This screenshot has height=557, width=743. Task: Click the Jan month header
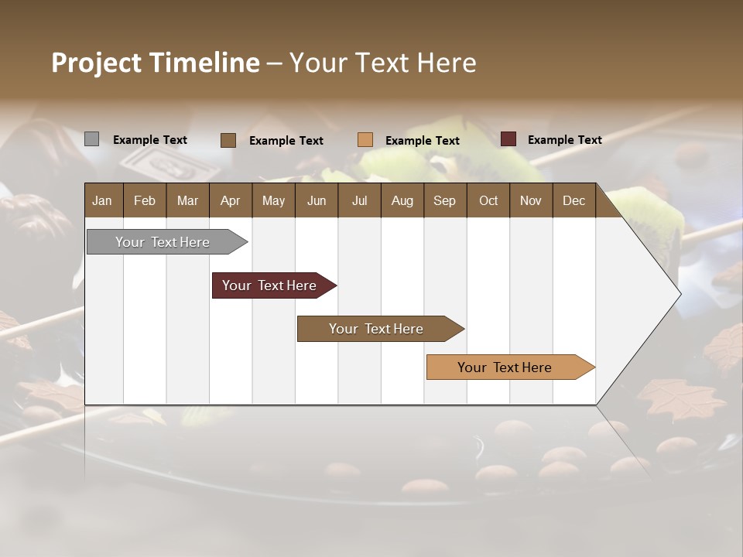(102, 200)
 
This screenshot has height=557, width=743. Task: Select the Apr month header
(230, 200)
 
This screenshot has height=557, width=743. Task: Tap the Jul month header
(359, 200)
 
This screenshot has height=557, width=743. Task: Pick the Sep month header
(444, 200)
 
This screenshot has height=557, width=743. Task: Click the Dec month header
(574, 200)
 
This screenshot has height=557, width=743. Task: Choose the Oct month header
(488, 200)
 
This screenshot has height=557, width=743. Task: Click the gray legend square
(91, 139)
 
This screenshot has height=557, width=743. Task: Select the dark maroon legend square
(508, 139)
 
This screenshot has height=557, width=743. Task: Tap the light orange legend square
(365, 140)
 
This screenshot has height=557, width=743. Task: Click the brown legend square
(228, 140)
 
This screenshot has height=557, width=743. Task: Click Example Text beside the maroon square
(564, 140)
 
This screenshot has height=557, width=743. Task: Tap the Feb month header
(145, 200)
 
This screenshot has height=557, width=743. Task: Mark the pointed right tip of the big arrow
(680, 294)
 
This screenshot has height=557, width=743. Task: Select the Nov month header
(531, 200)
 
